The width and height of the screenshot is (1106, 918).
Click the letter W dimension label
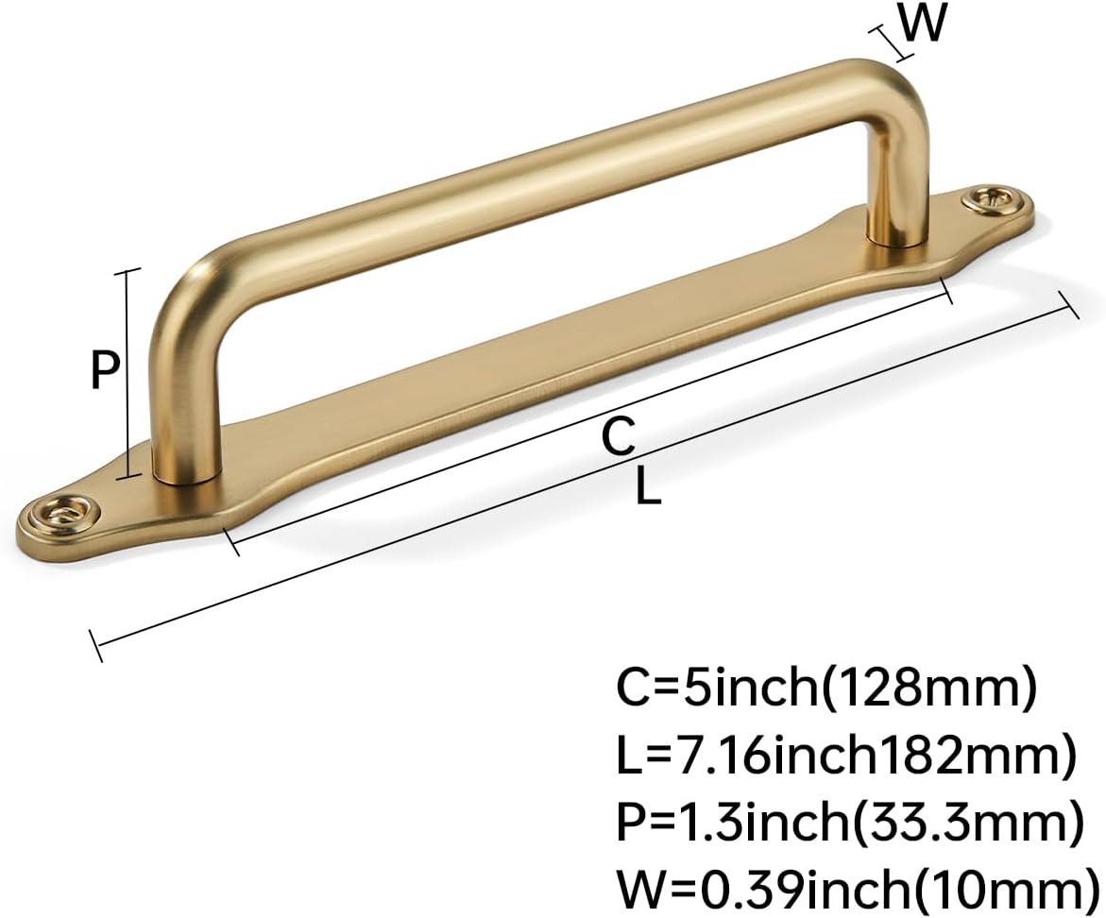click(x=922, y=25)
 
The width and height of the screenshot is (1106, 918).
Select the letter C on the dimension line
click(x=619, y=436)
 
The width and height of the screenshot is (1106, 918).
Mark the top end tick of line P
click(x=127, y=270)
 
